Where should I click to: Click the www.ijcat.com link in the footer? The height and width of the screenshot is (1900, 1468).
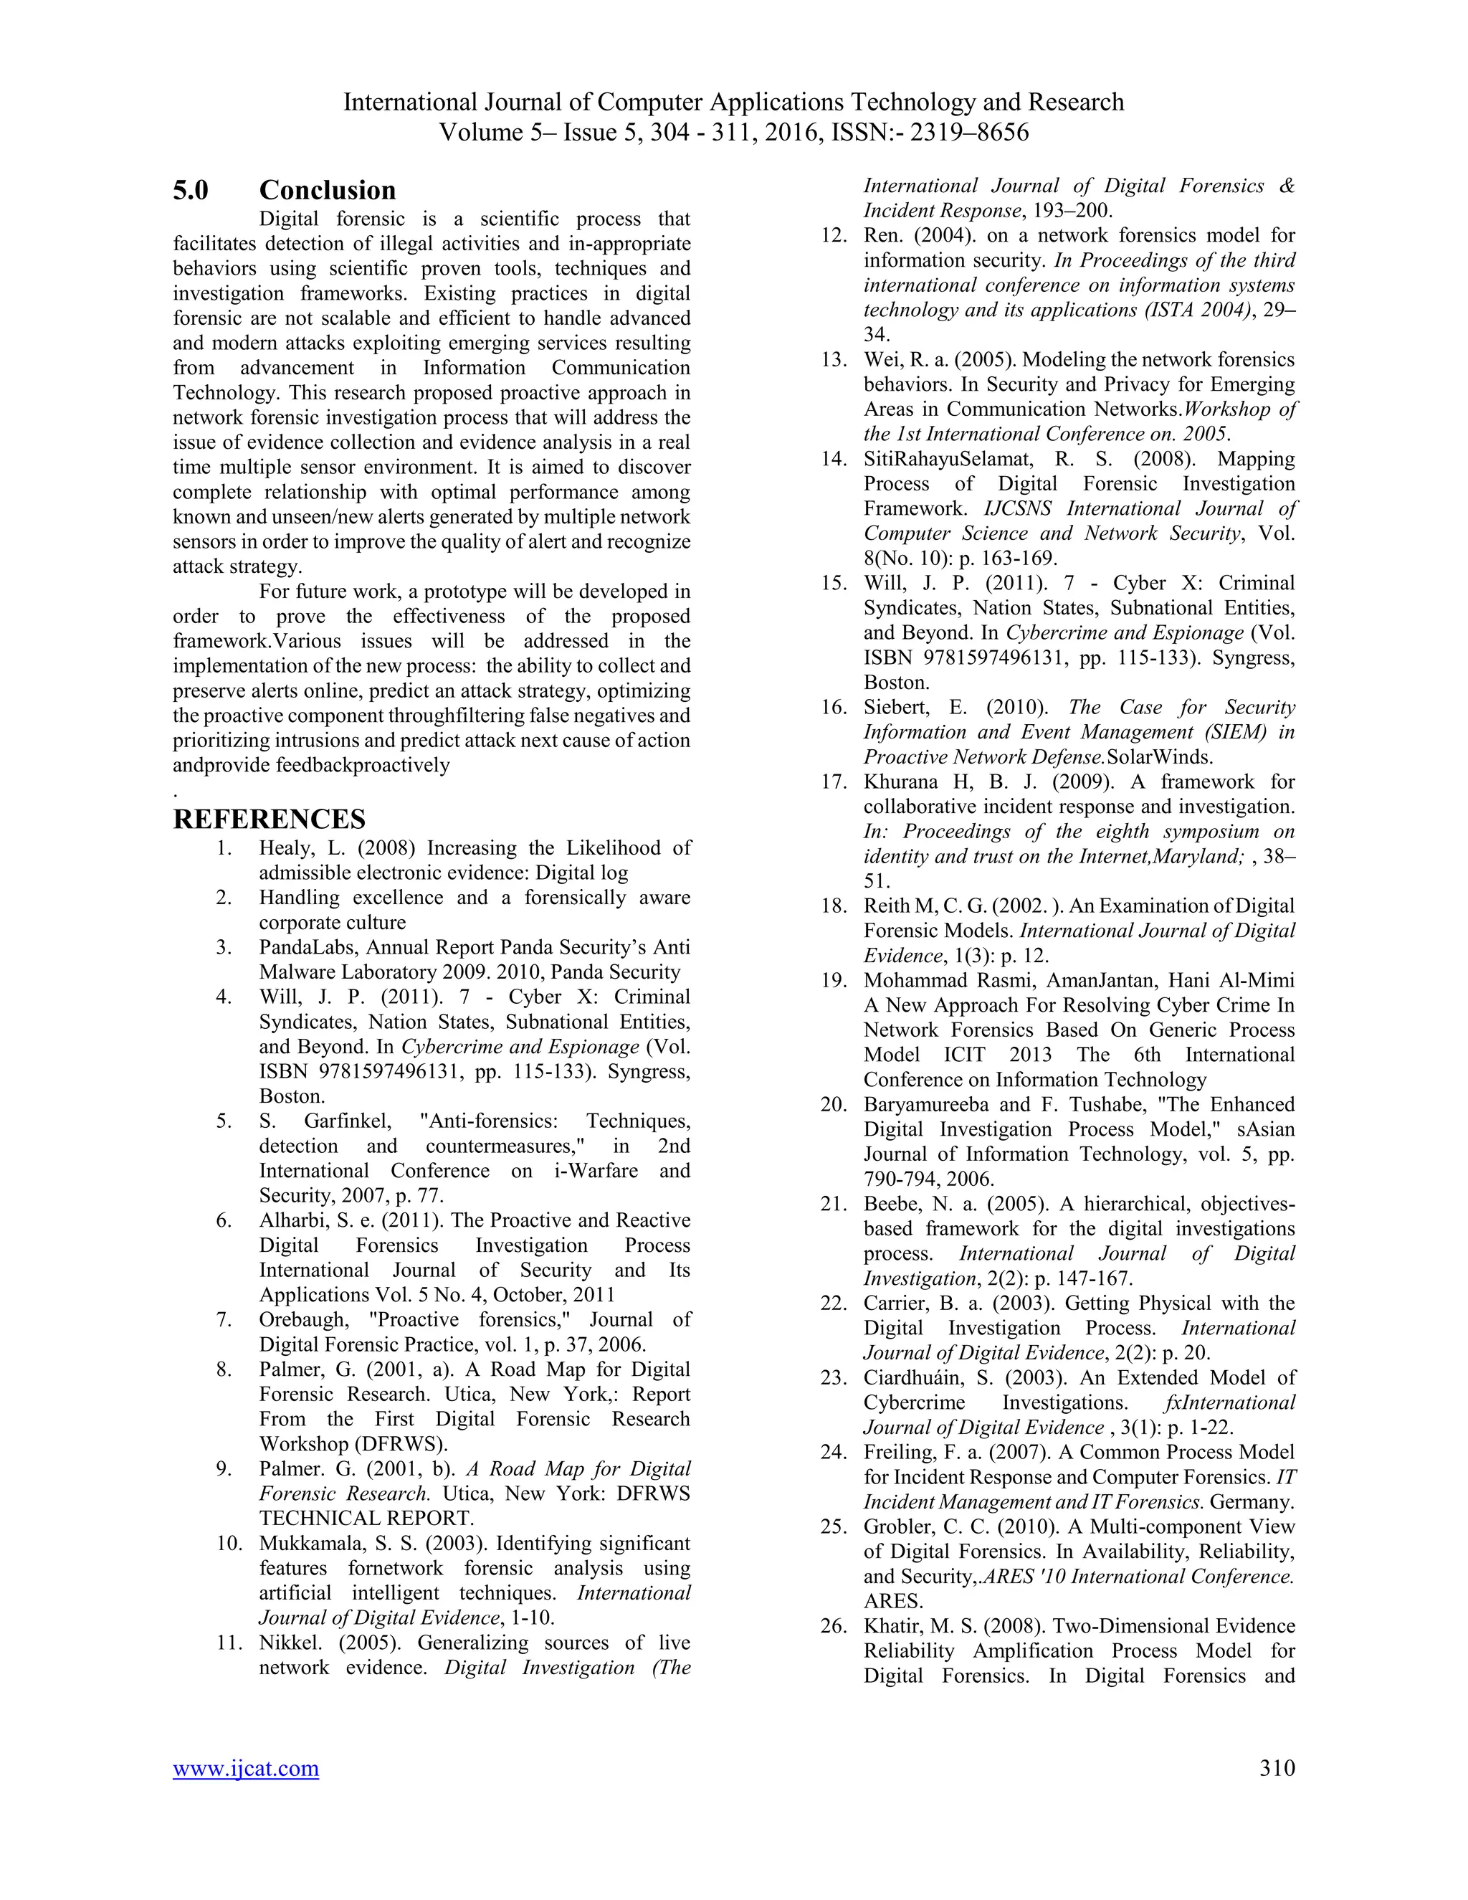[x=246, y=1769]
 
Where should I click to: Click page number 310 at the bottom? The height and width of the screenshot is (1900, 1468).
[x=1277, y=1768]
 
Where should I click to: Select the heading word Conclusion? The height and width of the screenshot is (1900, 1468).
[x=327, y=191]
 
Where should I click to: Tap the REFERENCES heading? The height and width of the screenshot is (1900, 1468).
[x=270, y=820]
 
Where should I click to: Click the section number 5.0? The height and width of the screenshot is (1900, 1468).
[x=191, y=191]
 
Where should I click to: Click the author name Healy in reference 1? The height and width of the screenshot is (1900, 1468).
[x=282, y=848]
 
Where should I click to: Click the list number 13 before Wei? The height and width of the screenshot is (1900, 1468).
[x=832, y=360]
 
